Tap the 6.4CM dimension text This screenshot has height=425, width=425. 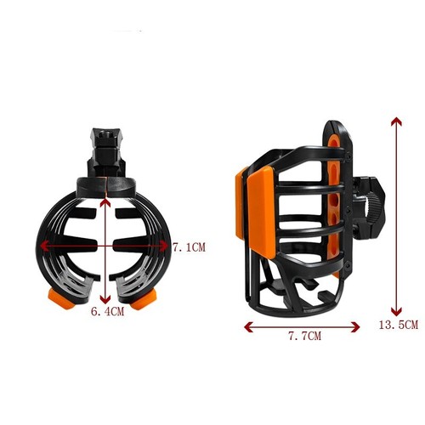[107, 313]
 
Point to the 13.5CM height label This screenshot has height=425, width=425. [402, 325]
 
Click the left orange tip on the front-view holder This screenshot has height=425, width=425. [59, 299]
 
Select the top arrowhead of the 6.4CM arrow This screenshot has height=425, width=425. [104, 201]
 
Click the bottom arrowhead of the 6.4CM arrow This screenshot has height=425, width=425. [104, 300]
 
